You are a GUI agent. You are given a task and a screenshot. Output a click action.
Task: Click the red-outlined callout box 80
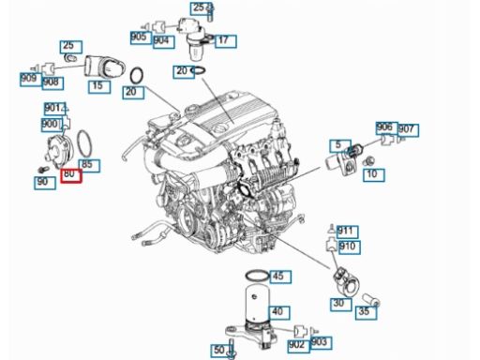[x=71, y=176]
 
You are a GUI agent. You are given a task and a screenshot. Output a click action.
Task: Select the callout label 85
[x=89, y=166]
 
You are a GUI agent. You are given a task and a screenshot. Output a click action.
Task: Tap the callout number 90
[x=45, y=183]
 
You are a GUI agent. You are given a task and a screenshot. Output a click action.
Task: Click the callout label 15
[x=99, y=87]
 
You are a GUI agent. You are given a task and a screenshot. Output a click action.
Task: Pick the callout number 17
[x=225, y=41]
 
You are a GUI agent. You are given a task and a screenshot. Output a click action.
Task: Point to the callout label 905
[x=141, y=37]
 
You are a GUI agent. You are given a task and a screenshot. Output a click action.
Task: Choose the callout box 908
[x=52, y=83]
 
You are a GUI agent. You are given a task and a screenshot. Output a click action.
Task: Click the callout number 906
[x=387, y=127]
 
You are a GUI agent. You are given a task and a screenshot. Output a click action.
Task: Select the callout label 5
[x=340, y=146]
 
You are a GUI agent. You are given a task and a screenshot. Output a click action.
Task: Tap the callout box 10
[x=374, y=175]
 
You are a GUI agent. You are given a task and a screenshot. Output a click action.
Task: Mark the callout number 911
[x=347, y=232]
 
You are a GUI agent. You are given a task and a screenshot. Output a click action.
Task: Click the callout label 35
[x=366, y=312]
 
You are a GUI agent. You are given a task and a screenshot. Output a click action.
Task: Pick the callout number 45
[x=280, y=277]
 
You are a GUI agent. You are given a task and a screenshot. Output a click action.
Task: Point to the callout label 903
[x=321, y=343]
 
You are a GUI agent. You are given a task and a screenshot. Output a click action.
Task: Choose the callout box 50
[x=220, y=351]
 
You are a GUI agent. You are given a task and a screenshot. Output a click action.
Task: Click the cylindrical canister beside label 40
[x=257, y=303]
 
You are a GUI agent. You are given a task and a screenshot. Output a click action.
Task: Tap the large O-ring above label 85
[x=84, y=143]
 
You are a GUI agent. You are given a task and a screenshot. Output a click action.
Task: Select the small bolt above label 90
[x=43, y=170]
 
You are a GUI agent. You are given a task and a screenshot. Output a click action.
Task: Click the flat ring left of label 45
[x=257, y=276]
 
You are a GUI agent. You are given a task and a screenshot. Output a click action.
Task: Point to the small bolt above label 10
[x=368, y=161]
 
